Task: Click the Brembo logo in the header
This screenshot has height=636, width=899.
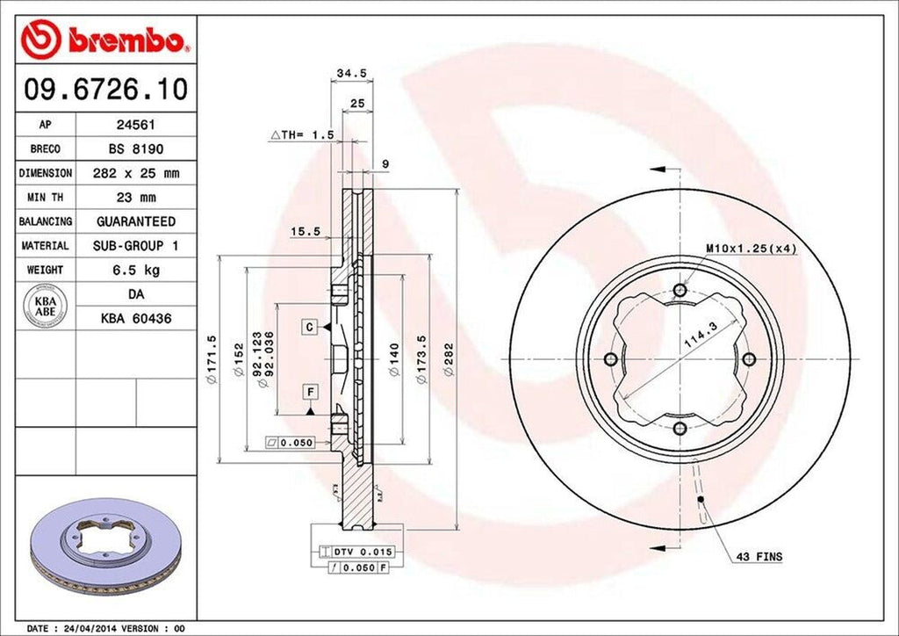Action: tap(105, 40)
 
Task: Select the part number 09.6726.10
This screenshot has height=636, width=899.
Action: tap(105, 89)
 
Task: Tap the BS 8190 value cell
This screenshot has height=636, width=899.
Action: tap(135, 149)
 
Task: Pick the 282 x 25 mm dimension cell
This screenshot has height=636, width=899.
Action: tap(135, 173)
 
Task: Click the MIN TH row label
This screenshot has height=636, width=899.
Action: tap(45, 198)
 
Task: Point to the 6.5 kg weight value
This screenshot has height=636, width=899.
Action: tap(135, 270)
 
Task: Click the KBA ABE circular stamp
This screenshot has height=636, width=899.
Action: tap(45, 307)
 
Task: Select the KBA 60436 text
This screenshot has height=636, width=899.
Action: tap(135, 319)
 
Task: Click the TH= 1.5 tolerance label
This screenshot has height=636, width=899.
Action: tap(303, 135)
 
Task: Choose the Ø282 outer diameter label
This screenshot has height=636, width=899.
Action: tap(449, 360)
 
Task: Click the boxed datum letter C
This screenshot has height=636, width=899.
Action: tap(310, 327)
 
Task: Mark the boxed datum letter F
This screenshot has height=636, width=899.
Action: tap(310, 390)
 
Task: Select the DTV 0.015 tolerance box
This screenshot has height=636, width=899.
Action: tap(361, 551)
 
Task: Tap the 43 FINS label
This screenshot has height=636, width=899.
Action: tap(759, 557)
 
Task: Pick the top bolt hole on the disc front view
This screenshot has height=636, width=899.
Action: tap(680, 291)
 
